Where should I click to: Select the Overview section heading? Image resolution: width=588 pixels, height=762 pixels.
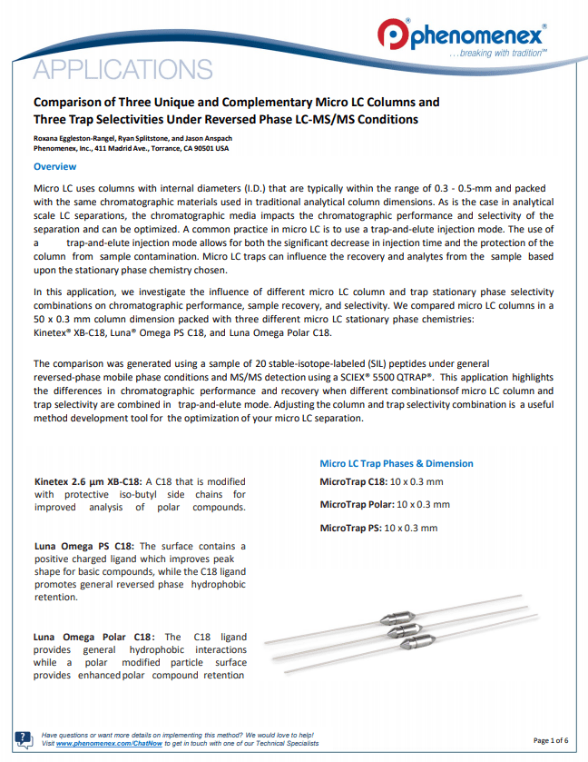pyautogui.click(x=54, y=167)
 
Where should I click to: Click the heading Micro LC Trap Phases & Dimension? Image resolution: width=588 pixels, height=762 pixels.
pyautogui.click(x=397, y=463)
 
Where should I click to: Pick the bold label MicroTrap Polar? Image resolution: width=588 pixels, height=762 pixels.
pyautogui.click(x=358, y=504)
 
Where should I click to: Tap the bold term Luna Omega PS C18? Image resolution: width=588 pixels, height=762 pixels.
pyautogui.click(x=83, y=547)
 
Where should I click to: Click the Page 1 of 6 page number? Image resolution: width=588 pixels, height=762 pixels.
pyautogui.click(x=551, y=740)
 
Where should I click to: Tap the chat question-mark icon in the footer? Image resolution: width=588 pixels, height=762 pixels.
pyautogui.click(x=24, y=738)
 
